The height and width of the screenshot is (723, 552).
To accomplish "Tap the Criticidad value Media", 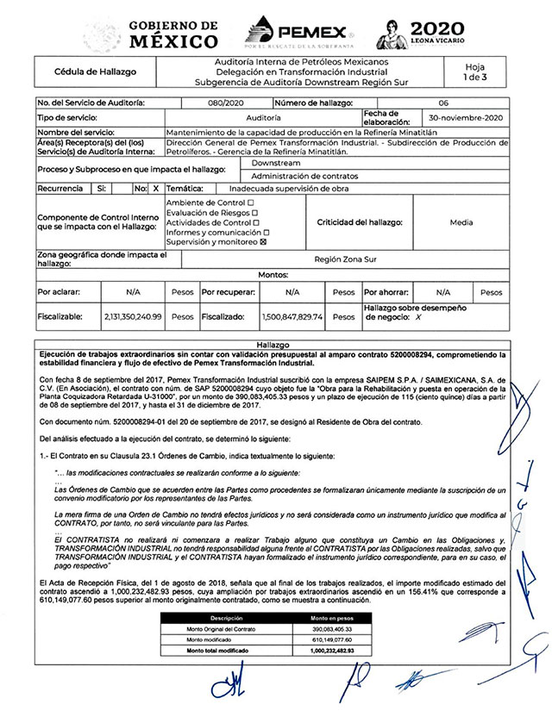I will (x=461, y=222).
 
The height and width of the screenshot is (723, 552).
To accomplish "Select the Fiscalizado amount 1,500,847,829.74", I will (x=292, y=316).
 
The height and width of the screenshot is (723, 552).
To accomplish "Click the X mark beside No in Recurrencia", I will (x=155, y=187).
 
